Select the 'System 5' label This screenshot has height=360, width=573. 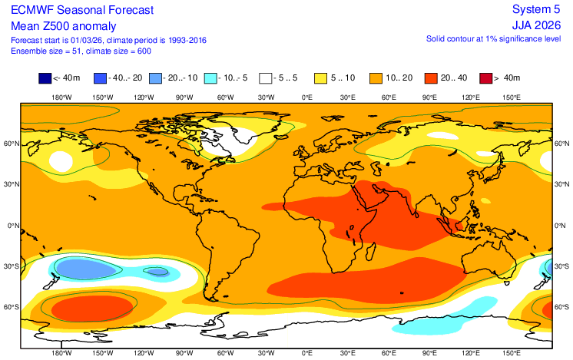538,10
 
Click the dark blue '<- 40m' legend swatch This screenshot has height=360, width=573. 45,78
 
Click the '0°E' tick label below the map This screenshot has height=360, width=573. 307,354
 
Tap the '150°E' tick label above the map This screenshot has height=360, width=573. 512,97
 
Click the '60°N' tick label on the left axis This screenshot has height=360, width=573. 12,144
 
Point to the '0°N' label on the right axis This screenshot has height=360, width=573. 562,226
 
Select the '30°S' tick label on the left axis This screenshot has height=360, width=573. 12,266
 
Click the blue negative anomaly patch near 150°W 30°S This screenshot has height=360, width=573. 89,268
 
